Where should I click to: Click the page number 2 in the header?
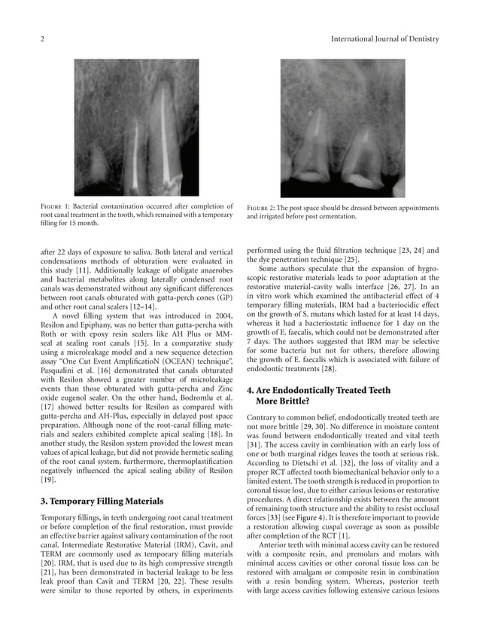[x=42, y=38]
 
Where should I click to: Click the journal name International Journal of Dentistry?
[x=385, y=38]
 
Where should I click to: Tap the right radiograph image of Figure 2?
[x=343, y=128]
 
